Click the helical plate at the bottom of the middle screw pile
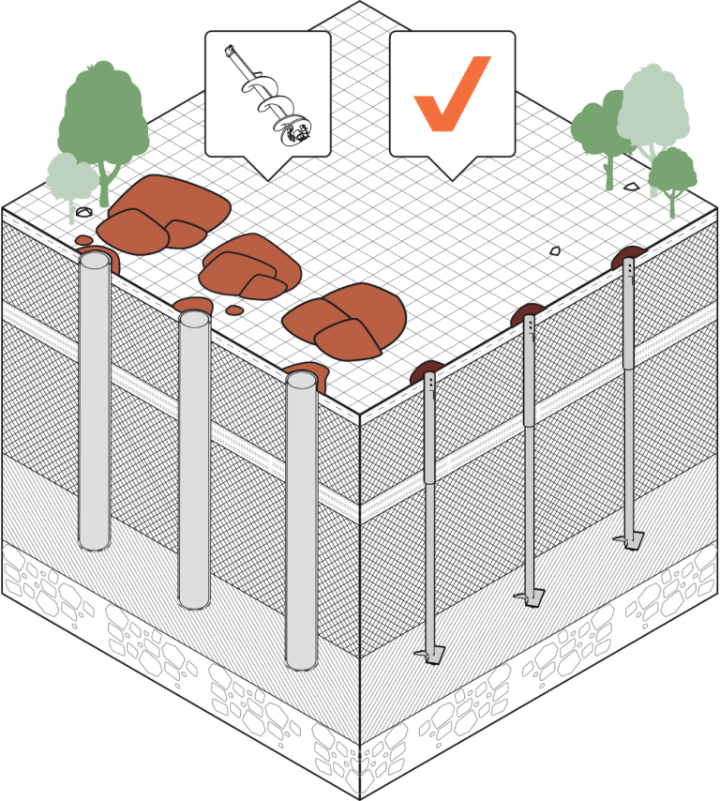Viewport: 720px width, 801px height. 528,597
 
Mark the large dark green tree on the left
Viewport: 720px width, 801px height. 103,117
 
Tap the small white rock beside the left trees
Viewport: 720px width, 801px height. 84,212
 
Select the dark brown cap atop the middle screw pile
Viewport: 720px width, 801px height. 527,312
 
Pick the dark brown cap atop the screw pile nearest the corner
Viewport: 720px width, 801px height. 427,369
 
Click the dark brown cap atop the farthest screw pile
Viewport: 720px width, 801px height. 629,255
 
